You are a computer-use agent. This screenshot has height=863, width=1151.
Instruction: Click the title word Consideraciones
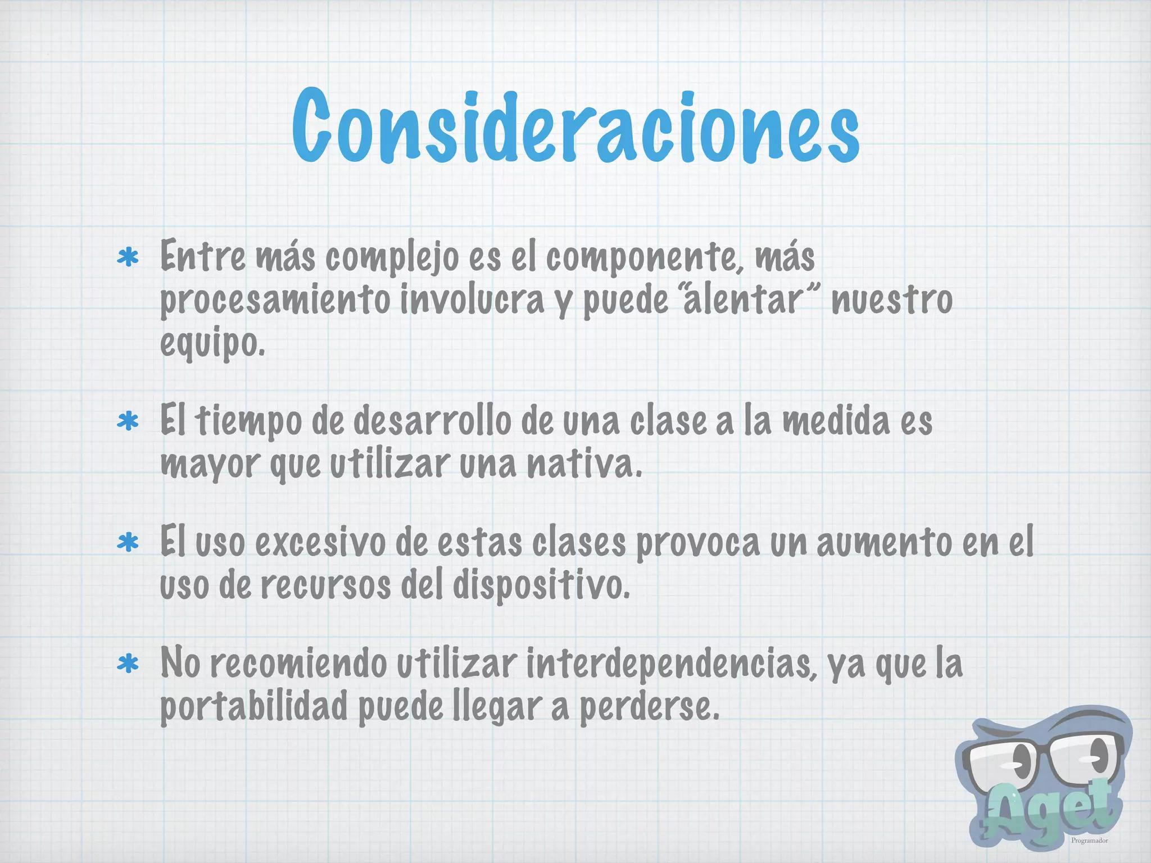(x=575, y=127)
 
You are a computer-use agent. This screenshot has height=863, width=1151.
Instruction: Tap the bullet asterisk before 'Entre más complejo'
(x=128, y=258)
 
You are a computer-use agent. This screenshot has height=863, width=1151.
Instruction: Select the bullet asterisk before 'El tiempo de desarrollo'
(x=128, y=421)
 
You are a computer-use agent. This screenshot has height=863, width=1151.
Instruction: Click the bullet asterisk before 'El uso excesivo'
(x=128, y=543)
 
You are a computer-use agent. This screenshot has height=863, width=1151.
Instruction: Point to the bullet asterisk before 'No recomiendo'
(x=128, y=664)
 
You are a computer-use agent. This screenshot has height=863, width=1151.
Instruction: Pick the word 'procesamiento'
(x=275, y=301)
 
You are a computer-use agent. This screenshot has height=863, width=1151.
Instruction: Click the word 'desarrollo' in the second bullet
(x=433, y=421)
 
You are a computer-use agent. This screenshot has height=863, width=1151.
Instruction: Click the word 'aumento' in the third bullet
(x=884, y=543)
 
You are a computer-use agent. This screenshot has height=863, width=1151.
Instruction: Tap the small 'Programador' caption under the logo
(x=1089, y=841)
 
